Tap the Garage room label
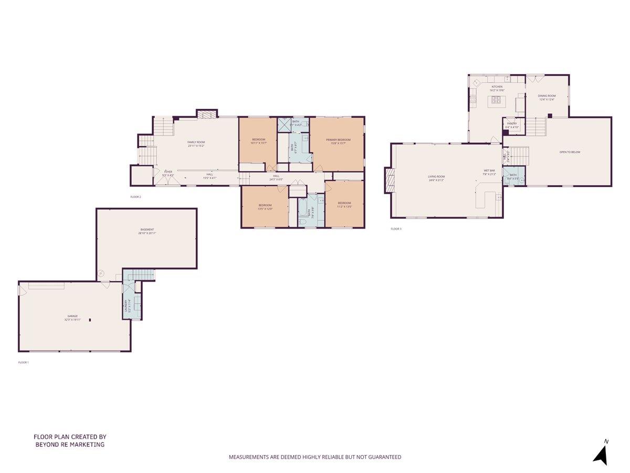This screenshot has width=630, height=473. pyautogui.click(x=72, y=317)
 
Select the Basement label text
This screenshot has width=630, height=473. pyautogui.click(x=147, y=231)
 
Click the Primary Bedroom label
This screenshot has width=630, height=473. pyautogui.click(x=338, y=141)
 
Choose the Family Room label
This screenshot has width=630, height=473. pyautogui.click(x=196, y=143)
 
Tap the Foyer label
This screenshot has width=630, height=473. pyautogui.click(x=168, y=173)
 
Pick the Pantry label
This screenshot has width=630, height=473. pyautogui.click(x=512, y=125)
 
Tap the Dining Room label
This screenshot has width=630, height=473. pyautogui.click(x=547, y=97)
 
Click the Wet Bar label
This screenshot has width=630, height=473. pyautogui.click(x=489, y=172)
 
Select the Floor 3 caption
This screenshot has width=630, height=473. pyautogui.click(x=396, y=229)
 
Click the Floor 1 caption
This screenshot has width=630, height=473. pyautogui.click(x=23, y=362)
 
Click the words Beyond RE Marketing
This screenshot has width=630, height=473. pyautogui.click(x=70, y=445)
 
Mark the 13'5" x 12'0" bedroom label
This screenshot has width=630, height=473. pyautogui.click(x=265, y=206)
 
